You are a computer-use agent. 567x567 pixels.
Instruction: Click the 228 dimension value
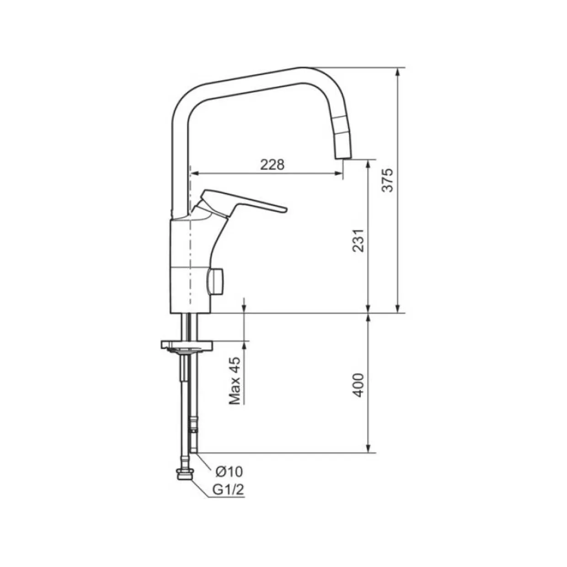pyautogui.click(x=272, y=165)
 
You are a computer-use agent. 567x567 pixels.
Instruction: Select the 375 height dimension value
pyautogui.click(x=387, y=180)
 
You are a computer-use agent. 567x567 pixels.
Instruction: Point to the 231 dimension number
pyautogui.click(x=358, y=240)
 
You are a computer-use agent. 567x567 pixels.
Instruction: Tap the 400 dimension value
pyautogui.click(x=358, y=385)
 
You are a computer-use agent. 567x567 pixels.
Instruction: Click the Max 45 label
pyautogui.click(x=235, y=381)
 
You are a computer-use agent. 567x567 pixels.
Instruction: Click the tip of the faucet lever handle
pyautogui.click(x=286, y=209)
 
